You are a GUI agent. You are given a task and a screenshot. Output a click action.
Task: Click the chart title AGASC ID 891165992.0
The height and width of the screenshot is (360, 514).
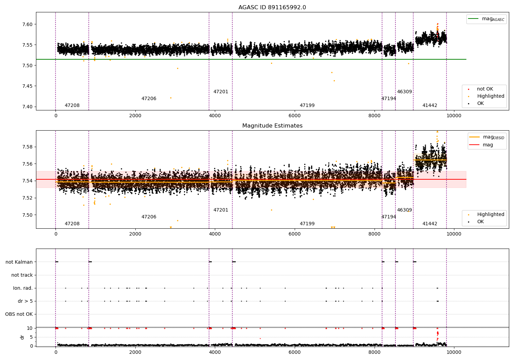(x=272, y=7)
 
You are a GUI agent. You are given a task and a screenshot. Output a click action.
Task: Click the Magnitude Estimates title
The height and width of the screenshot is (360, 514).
(x=272, y=125)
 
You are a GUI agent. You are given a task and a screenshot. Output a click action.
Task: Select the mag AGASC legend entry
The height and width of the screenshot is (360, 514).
(x=486, y=19)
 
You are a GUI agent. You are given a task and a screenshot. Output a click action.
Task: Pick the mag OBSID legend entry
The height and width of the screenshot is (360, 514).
(x=487, y=137)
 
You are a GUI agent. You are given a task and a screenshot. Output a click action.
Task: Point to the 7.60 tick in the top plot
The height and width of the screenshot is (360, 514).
(x=28, y=24)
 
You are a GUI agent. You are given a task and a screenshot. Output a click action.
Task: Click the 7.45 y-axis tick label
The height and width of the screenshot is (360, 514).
(x=28, y=86)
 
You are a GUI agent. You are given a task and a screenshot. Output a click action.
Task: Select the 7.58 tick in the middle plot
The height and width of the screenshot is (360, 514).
(x=28, y=147)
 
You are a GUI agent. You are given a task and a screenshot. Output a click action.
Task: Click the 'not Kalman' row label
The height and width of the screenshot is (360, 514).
(x=19, y=262)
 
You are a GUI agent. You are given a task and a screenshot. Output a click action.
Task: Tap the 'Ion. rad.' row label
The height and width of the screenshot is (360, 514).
(x=23, y=288)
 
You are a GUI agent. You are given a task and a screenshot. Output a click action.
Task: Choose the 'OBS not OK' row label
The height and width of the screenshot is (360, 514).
(x=19, y=314)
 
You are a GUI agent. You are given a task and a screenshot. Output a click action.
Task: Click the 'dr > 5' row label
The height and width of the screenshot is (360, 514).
(x=25, y=301)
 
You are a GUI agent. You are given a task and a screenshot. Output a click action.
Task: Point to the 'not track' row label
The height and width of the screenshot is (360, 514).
(x=22, y=275)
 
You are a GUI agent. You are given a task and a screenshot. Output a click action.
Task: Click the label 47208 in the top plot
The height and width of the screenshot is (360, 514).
(x=72, y=105)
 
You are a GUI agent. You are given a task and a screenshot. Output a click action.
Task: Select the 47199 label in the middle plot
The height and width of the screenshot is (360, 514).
(x=307, y=224)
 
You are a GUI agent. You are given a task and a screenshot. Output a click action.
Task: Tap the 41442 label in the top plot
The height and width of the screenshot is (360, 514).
(x=430, y=105)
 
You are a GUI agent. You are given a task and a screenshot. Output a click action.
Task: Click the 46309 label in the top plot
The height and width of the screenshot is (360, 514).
(x=404, y=92)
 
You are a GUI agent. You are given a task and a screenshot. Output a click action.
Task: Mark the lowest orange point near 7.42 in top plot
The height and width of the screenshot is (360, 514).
(x=171, y=98)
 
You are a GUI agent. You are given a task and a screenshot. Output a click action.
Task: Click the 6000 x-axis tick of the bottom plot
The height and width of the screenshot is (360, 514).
(x=294, y=352)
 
